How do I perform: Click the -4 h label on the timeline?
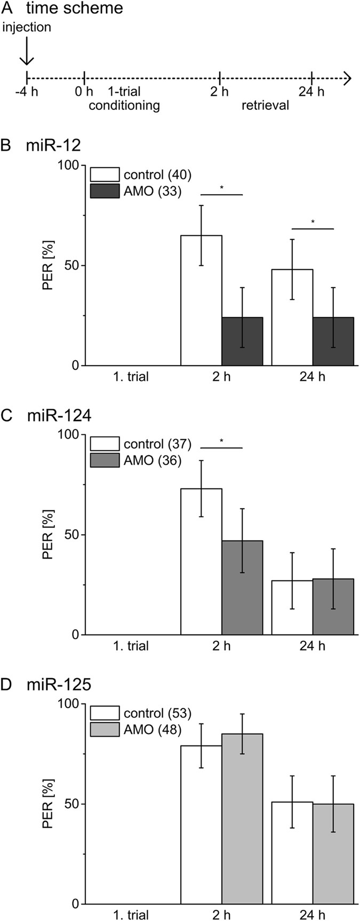tap(27, 92)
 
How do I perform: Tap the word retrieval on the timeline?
tap(265, 106)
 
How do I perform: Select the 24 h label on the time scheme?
tap(311, 92)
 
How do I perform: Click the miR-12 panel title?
tap(48, 146)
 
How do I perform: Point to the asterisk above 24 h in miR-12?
tap(313, 223)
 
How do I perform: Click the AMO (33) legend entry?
tap(140, 191)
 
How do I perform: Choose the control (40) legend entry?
tap(140, 175)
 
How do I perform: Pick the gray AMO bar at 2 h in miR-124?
tap(242, 587)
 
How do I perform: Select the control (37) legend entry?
tap(140, 444)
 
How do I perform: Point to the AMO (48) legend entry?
tap(140, 729)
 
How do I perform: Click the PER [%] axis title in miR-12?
tap(48, 266)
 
